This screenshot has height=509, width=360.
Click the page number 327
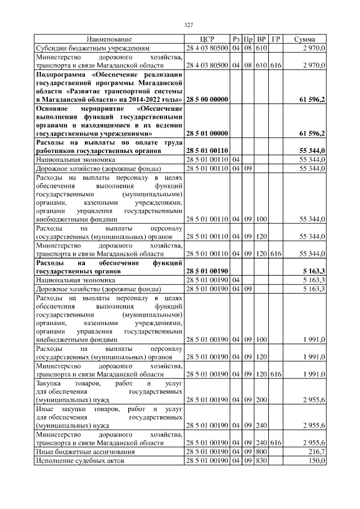tap(189, 25)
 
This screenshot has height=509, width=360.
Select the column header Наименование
tap(109, 39)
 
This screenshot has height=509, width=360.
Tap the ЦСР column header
tap(207, 39)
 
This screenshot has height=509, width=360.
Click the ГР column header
tap(276, 39)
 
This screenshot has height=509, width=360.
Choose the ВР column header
tap(261, 39)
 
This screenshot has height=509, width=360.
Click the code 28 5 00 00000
tap(207, 100)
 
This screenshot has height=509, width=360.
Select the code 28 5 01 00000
tap(207, 134)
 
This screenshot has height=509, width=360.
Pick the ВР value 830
tap(261, 461)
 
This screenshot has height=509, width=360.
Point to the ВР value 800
tap(261, 452)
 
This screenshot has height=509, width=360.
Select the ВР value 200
tap(261, 400)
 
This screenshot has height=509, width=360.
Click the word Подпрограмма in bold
tap(59, 74)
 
